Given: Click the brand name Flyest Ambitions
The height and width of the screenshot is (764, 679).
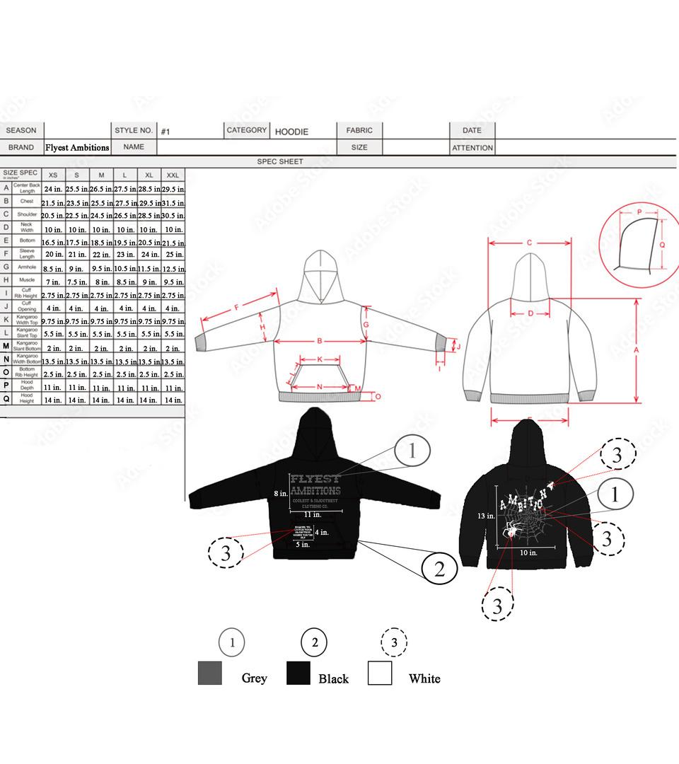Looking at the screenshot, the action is (x=77, y=148).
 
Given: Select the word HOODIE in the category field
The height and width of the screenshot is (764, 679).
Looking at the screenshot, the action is (x=291, y=132).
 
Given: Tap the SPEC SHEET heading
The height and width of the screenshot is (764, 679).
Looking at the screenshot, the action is (x=280, y=161).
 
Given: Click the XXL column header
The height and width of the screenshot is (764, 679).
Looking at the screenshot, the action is (x=173, y=175).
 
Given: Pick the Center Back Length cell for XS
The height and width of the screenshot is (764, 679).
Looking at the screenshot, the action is (x=54, y=189).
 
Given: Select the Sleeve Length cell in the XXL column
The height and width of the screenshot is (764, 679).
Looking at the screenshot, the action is (x=173, y=254).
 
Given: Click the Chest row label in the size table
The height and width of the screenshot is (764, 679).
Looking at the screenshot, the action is (x=27, y=202).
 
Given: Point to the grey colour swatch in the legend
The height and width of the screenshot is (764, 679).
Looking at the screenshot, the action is (x=210, y=673).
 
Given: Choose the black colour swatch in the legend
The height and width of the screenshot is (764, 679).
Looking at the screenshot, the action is (x=298, y=673).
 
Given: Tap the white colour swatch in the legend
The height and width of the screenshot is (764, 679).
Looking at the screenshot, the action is (x=380, y=673).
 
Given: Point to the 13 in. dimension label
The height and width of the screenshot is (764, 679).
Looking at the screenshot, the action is (x=485, y=516).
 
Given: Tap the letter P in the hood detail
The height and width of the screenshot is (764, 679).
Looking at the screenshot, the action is (x=639, y=212).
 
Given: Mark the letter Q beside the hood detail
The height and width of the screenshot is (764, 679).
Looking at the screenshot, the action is (x=662, y=244).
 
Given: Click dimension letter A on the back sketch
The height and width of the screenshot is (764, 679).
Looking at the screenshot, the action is (x=637, y=349).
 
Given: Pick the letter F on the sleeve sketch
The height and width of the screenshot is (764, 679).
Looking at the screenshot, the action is (x=236, y=308).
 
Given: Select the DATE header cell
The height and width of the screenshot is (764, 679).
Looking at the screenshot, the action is (x=472, y=130).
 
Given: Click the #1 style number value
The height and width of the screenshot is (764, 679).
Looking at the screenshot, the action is (x=166, y=132).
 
